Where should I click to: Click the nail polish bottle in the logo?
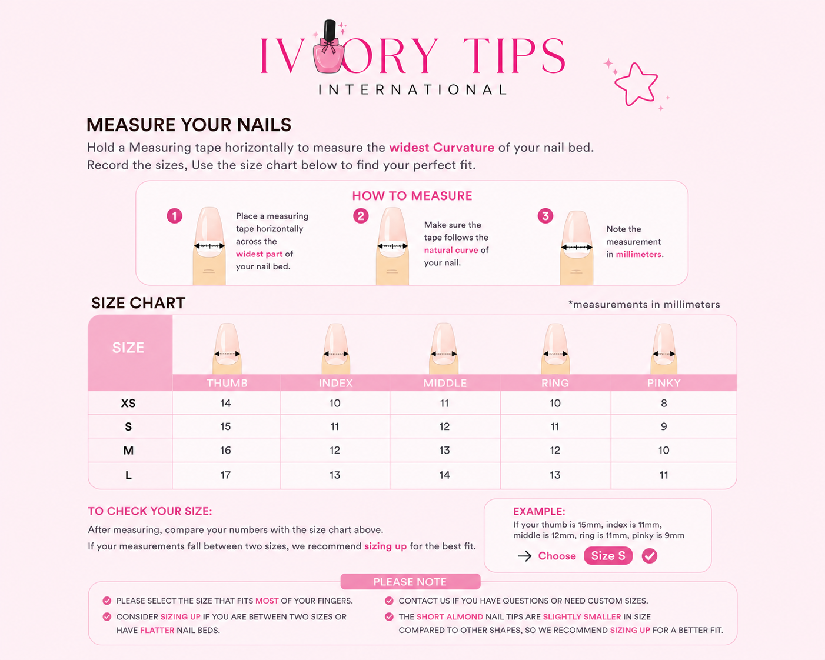pyautogui.click(x=328, y=47)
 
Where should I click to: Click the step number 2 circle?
pyautogui.click(x=361, y=216)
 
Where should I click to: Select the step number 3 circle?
pyautogui.click(x=545, y=216)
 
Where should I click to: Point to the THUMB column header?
pyautogui.click(x=227, y=383)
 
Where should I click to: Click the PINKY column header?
pyautogui.click(x=664, y=383)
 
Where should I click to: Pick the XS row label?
pyautogui.click(x=128, y=403)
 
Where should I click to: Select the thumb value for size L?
pyautogui.click(x=225, y=475)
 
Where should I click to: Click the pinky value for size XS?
pyautogui.click(x=664, y=403)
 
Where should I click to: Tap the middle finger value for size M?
pyautogui.click(x=444, y=451)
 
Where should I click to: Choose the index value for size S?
pyautogui.click(x=335, y=426)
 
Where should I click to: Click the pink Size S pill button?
pyautogui.click(x=608, y=556)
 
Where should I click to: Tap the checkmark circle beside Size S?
pyautogui.click(x=650, y=556)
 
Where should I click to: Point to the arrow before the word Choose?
pyautogui.click(x=524, y=556)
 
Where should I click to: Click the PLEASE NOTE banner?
pyautogui.click(x=410, y=582)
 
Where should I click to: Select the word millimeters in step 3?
pyautogui.click(x=638, y=255)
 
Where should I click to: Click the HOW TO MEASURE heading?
pyautogui.click(x=412, y=196)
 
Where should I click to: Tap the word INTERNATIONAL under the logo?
pyautogui.click(x=412, y=89)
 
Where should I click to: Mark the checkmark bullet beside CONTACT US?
pyautogui.click(x=389, y=601)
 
